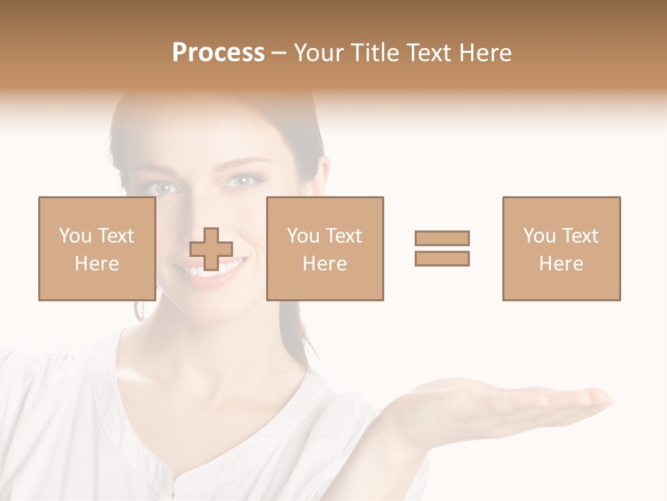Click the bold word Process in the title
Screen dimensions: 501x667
[x=218, y=53]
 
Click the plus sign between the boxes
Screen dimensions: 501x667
[x=211, y=249]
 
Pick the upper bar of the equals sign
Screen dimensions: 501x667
[x=442, y=238]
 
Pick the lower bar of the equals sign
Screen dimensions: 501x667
[x=442, y=258]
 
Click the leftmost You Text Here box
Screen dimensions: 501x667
[x=97, y=248]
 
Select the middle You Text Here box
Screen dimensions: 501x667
[x=324, y=248]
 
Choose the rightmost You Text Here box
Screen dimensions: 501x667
[x=561, y=248]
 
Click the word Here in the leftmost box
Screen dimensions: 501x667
[x=97, y=264]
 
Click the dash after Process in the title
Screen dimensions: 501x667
[x=279, y=53]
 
